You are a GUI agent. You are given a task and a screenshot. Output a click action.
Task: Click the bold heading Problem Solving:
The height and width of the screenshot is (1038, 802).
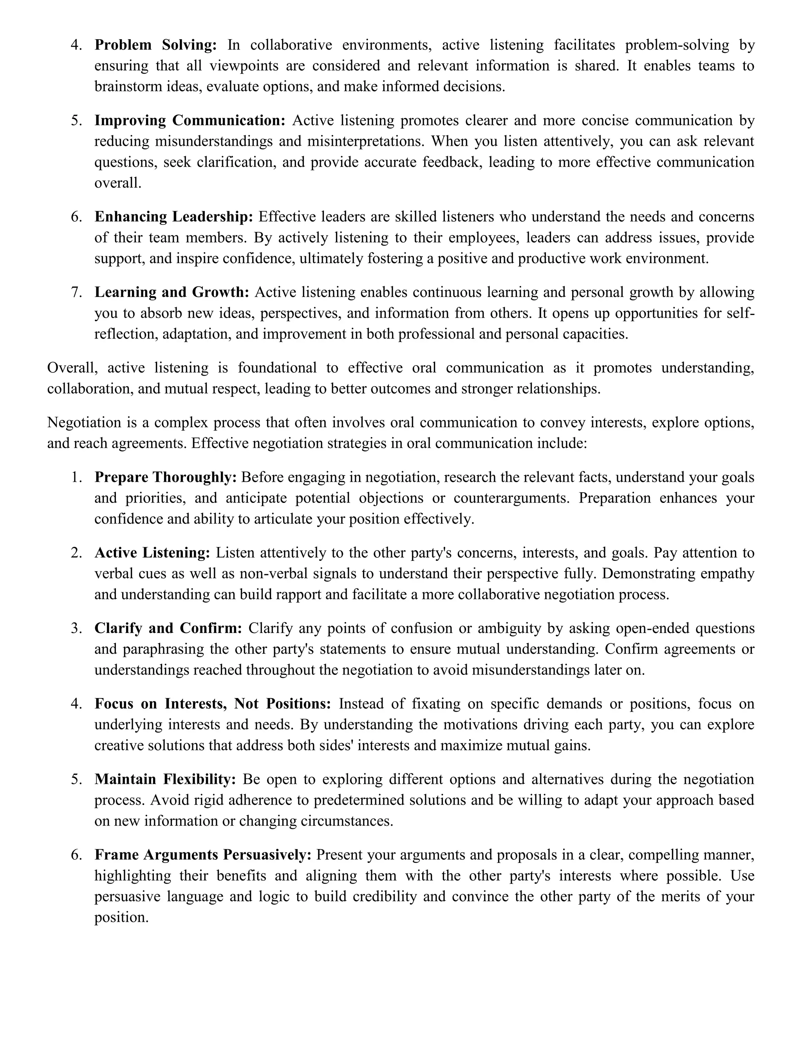(x=155, y=45)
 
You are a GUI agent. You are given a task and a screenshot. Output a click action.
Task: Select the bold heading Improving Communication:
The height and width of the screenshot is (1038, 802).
(x=190, y=121)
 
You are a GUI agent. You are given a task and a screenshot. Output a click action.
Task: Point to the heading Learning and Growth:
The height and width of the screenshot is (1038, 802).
(x=172, y=292)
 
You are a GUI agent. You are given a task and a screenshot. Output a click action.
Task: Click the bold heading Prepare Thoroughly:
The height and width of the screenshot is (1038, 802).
(x=165, y=477)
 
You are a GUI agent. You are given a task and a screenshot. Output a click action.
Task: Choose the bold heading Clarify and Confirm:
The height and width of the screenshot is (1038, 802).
(x=168, y=628)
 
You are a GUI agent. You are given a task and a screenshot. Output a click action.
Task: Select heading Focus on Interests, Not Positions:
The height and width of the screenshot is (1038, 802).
(x=212, y=704)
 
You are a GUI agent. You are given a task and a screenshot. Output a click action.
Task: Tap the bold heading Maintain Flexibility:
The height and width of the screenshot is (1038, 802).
(x=165, y=779)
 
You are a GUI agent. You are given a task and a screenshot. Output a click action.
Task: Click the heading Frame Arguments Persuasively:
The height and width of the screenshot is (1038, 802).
(x=203, y=855)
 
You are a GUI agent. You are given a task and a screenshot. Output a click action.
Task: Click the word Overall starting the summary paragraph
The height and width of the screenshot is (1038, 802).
(x=73, y=368)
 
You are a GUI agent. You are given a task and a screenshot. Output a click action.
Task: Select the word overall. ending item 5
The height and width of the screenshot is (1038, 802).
(x=118, y=183)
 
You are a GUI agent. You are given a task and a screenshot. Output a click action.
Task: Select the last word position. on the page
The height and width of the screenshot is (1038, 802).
(x=122, y=918)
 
